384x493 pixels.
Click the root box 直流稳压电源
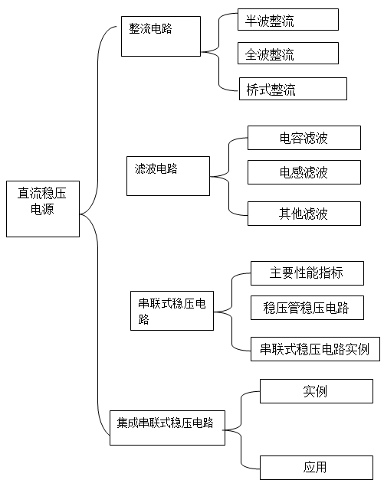click(x=43, y=209)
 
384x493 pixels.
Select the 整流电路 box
click(x=161, y=37)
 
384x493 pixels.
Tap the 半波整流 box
click(x=288, y=19)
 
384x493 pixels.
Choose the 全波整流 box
click(x=288, y=53)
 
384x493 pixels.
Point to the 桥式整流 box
click(x=293, y=89)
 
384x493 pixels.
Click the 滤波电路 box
click(x=168, y=176)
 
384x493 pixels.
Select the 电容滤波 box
click(x=304, y=138)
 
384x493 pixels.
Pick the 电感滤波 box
click(x=304, y=172)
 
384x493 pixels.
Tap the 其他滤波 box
click(x=304, y=214)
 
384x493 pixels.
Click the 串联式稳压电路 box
click(x=172, y=311)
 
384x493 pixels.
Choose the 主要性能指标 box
click(x=307, y=273)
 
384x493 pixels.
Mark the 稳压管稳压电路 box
click(x=307, y=308)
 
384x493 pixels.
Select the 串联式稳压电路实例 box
click(x=315, y=349)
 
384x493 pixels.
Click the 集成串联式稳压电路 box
click(x=167, y=428)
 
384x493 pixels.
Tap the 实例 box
click(x=317, y=391)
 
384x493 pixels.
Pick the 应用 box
click(x=317, y=468)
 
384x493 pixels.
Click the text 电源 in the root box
click(x=42, y=209)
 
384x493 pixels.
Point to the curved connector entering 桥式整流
click(x=219, y=72)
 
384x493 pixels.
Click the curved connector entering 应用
click(x=241, y=449)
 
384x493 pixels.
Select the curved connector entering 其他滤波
click(x=229, y=196)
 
